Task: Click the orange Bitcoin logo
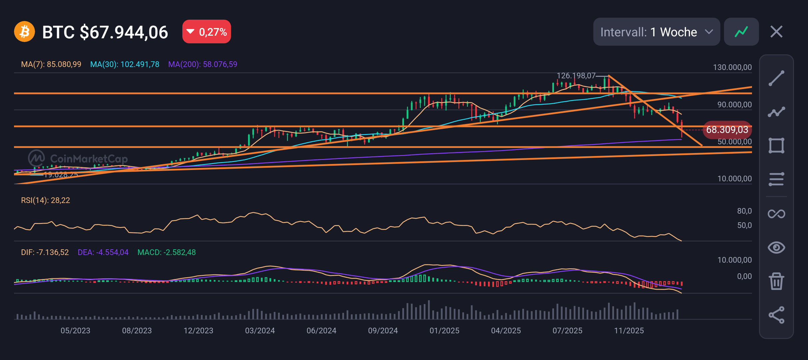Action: pyautogui.click(x=24, y=32)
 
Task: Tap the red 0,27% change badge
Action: pyautogui.click(x=206, y=32)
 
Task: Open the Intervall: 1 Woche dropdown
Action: pyautogui.click(x=656, y=32)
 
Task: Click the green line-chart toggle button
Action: pyautogui.click(x=741, y=32)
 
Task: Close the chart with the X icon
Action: pyautogui.click(x=776, y=32)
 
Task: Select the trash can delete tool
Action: pyautogui.click(x=776, y=281)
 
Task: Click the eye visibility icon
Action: pyautogui.click(x=776, y=247)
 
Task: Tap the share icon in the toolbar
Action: pyautogui.click(x=776, y=315)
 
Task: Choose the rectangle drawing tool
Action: pyautogui.click(x=776, y=146)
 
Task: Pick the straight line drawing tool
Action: pyautogui.click(x=776, y=78)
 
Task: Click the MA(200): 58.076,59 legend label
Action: pyautogui.click(x=203, y=64)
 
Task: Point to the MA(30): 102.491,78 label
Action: pyautogui.click(x=125, y=64)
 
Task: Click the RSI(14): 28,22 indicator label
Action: pyautogui.click(x=45, y=200)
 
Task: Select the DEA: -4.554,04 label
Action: pyautogui.click(x=103, y=252)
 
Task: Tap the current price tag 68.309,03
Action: pyautogui.click(x=727, y=130)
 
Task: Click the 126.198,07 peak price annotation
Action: pyautogui.click(x=576, y=76)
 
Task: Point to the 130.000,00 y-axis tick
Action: pyautogui.click(x=732, y=67)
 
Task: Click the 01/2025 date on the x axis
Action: pyautogui.click(x=444, y=331)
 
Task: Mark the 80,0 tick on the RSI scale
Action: pyautogui.click(x=744, y=211)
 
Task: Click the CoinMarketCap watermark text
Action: pyautogui.click(x=89, y=159)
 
